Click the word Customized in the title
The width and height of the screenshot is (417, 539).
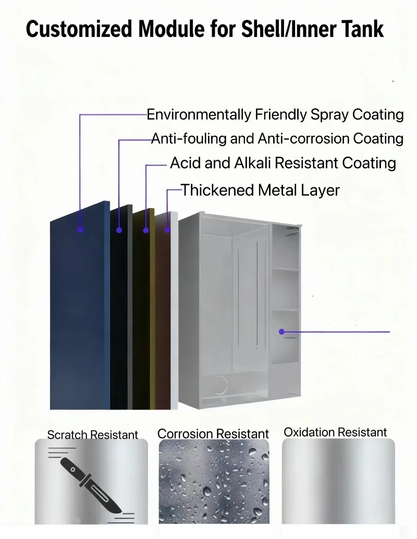pyautogui.click(x=79, y=29)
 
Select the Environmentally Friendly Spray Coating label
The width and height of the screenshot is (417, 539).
pyautogui.click(x=275, y=114)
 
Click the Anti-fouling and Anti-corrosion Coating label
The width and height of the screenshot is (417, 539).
pyautogui.click(x=277, y=138)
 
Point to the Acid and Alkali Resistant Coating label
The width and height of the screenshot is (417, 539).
pyautogui.click(x=283, y=163)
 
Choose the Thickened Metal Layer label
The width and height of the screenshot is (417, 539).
pyautogui.click(x=260, y=190)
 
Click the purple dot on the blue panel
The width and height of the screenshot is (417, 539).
pyautogui.click(x=80, y=229)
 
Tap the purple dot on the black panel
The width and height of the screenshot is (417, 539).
pyautogui.click(x=119, y=230)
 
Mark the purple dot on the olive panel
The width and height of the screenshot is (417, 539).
pyautogui.click(x=146, y=230)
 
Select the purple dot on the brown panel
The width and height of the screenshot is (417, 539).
pyautogui.click(x=167, y=229)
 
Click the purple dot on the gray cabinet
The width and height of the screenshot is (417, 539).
pyautogui.click(x=281, y=332)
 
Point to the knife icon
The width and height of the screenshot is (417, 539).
pyautogui.click(x=91, y=485)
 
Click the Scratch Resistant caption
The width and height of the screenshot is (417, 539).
pyautogui.click(x=93, y=435)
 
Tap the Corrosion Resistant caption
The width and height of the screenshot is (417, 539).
pyautogui.click(x=213, y=434)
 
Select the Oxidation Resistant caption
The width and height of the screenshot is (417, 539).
pyautogui.click(x=335, y=432)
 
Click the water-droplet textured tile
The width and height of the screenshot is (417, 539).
pyautogui.click(x=214, y=482)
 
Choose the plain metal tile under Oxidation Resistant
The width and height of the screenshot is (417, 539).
pyautogui.click(x=338, y=481)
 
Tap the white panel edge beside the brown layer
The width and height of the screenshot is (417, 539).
pyautogui.click(x=174, y=310)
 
